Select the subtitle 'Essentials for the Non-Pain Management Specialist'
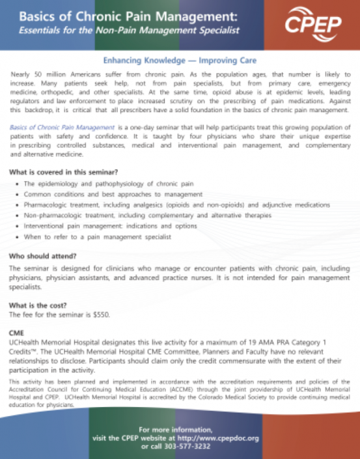pos(129,31)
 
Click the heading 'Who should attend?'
pos(40,257)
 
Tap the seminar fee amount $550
pos(101,314)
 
